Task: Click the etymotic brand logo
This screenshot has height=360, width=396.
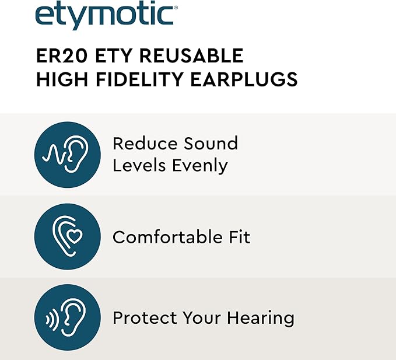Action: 106,15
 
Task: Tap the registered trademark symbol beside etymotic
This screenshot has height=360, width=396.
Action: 176,8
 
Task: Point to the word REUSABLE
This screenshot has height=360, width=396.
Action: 191,56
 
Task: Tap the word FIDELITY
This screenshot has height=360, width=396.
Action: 139,79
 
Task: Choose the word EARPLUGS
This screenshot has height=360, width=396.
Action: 244,79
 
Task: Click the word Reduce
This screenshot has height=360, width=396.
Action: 145,144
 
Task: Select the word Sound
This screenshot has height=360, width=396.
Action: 211,144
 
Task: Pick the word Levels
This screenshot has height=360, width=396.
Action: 139,166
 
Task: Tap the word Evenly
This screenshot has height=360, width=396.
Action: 200,166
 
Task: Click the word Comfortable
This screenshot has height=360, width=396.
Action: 168,237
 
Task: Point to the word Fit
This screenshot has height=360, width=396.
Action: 240,237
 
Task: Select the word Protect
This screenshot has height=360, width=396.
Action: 145,317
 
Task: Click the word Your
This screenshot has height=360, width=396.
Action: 202,317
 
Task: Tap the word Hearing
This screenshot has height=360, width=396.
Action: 261,319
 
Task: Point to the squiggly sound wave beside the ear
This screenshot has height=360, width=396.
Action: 54,155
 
